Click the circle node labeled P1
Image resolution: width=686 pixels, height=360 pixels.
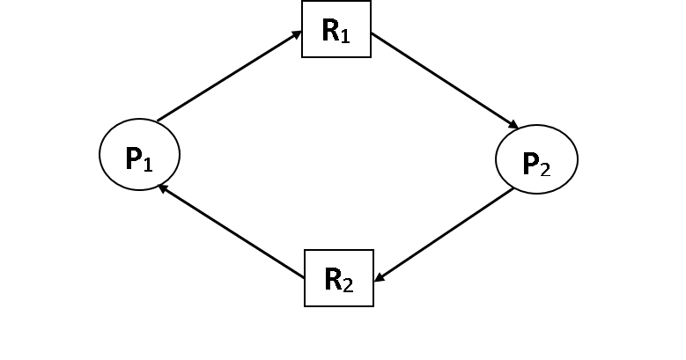[139, 154]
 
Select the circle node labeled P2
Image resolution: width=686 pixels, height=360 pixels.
[536, 159]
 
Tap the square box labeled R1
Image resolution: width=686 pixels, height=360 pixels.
[336, 29]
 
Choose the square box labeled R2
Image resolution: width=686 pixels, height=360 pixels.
[339, 278]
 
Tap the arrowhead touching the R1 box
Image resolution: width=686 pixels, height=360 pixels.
[297, 35]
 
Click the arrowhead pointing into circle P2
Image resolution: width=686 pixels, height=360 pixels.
[514, 126]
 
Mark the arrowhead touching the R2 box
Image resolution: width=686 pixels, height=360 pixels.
[380, 278]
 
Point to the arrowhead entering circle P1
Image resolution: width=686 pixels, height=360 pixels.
[162, 187]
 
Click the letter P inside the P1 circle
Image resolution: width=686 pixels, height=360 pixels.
[133, 158]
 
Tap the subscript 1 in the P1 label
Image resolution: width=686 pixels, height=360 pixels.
[149, 164]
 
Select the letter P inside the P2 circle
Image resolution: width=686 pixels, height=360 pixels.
[530, 163]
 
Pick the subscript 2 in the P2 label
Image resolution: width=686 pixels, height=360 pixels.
[546, 168]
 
